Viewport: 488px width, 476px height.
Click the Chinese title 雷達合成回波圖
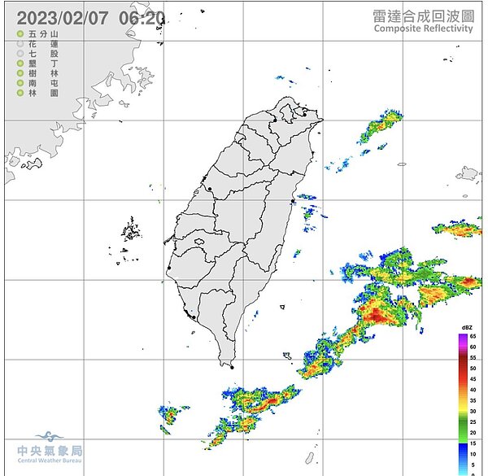[x=423, y=15]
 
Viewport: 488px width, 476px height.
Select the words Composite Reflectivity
[x=423, y=28]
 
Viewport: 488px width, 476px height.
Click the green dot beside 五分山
[x=20, y=35]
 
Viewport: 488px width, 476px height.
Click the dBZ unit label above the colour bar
[x=467, y=327]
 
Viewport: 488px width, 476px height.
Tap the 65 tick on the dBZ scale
[x=473, y=337]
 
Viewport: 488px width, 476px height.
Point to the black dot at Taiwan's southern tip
[x=231, y=368]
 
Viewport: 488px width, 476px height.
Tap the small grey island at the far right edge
[x=468, y=172]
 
